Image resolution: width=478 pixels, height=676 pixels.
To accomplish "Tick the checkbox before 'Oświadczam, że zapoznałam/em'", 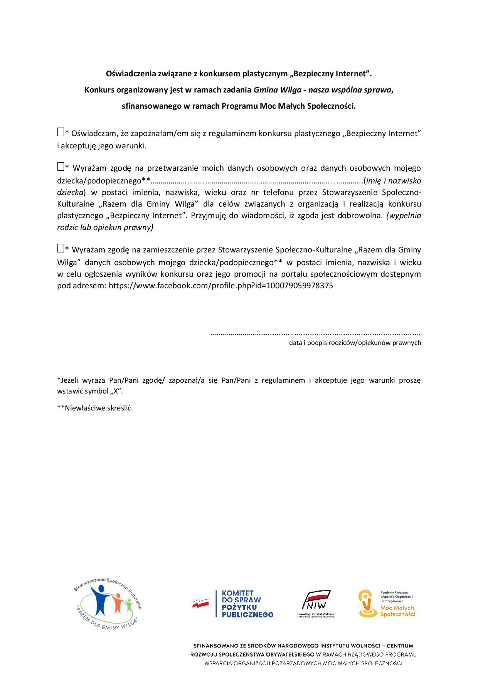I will click(x=60, y=132).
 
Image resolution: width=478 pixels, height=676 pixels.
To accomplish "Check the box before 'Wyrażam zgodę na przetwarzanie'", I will click(x=60, y=167).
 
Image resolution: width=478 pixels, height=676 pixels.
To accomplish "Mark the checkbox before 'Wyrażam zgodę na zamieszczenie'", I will click(x=60, y=248).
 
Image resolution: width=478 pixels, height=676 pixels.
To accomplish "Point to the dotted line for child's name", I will click(x=256, y=180).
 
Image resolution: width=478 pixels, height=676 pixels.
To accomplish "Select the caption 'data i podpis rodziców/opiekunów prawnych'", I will click(x=355, y=343).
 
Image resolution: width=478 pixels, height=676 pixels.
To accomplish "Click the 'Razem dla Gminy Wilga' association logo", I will click(x=107, y=607).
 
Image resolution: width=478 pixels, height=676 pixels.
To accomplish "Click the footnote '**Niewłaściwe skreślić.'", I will click(x=95, y=408).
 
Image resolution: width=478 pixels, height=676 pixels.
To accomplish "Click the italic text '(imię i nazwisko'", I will click(x=393, y=180).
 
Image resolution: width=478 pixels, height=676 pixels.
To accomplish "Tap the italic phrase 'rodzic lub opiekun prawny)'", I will click(x=105, y=227).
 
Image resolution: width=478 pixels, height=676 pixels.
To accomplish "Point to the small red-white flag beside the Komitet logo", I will click(x=201, y=604).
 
